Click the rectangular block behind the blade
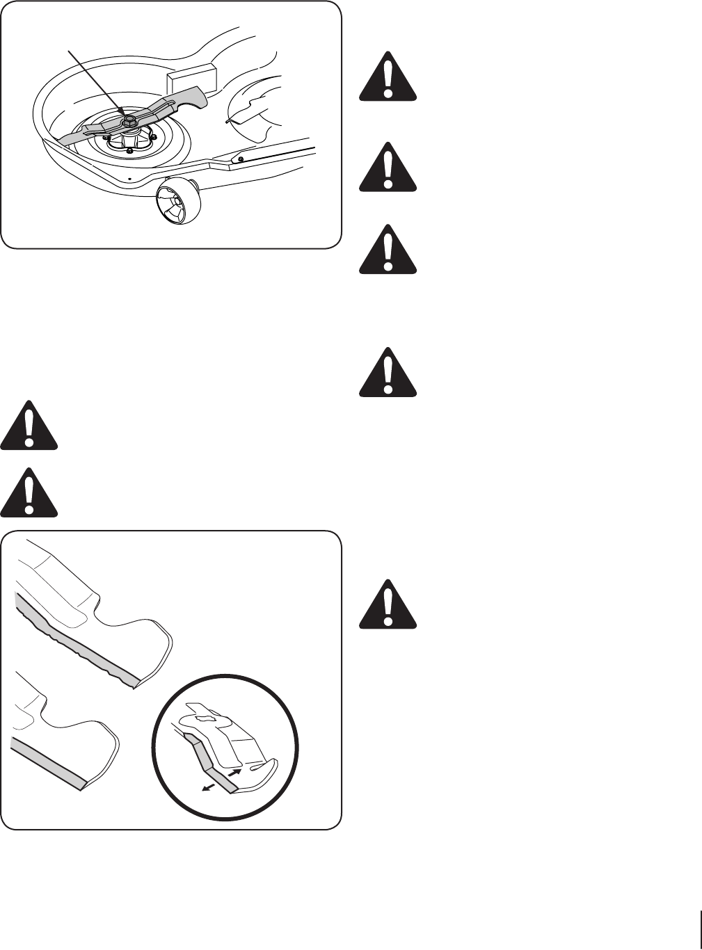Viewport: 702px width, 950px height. tap(190, 78)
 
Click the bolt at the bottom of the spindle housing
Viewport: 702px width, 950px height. tap(129, 151)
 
